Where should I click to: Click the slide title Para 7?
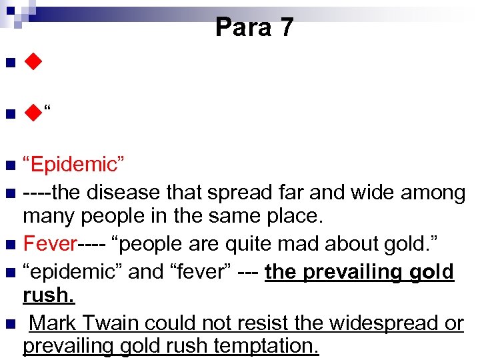pyautogui.click(x=254, y=27)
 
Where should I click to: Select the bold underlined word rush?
pyautogui.click(x=47, y=294)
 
